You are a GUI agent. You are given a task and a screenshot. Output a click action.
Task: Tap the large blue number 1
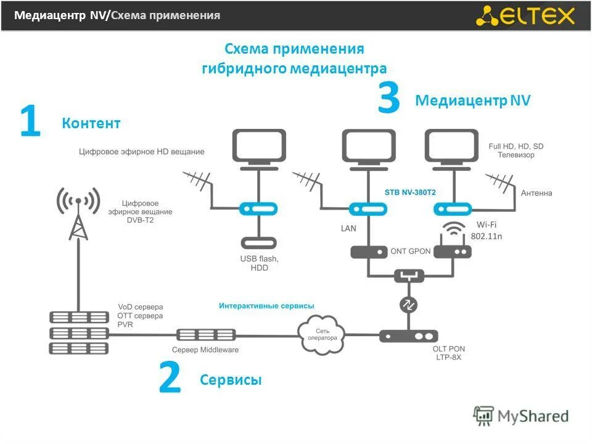point(30,122)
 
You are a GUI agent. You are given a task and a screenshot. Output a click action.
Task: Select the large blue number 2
point(170,378)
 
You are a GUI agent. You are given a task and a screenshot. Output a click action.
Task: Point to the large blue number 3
point(388,100)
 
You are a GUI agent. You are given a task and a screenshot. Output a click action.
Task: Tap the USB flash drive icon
point(258,243)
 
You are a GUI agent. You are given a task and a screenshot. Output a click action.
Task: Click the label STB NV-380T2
point(410,192)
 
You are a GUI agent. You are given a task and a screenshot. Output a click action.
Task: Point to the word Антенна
point(536,193)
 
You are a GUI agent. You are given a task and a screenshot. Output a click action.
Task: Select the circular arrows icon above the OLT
point(408,305)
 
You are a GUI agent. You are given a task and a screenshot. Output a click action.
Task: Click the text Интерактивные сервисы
point(266,305)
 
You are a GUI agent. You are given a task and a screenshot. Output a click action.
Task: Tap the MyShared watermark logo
point(521,416)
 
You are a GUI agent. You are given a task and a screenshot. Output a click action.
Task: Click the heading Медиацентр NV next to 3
point(473,101)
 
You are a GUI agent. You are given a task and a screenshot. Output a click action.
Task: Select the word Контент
point(91,123)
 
